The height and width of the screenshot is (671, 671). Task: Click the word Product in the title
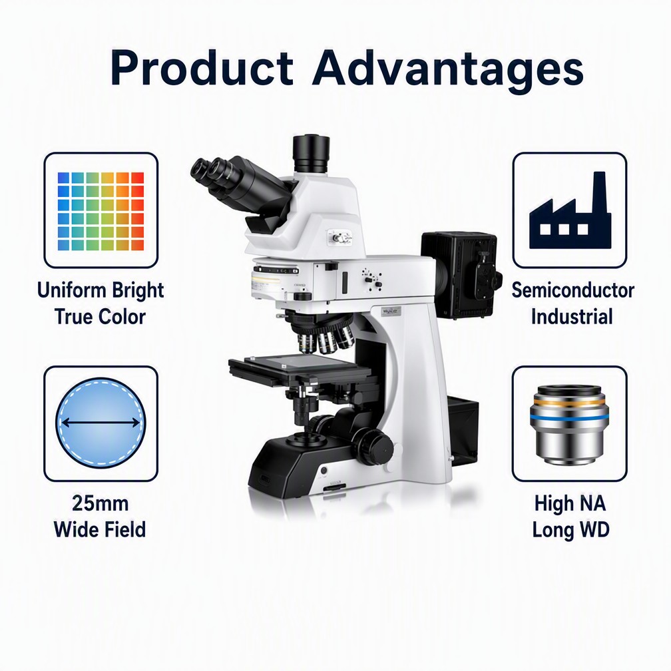click(x=202, y=69)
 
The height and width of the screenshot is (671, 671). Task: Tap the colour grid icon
click(x=101, y=211)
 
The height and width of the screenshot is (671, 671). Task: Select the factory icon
click(x=570, y=210)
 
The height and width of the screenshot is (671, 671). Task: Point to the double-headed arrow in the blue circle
click(x=101, y=423)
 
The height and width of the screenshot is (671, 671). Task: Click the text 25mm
click(x=100, y=503)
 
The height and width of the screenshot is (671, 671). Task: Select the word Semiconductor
click(x=572, y=290)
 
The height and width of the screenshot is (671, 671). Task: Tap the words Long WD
click(x=570, y=530)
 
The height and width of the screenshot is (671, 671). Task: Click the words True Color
click(x=100, y=317)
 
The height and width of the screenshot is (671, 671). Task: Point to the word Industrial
click(x=572, y=317)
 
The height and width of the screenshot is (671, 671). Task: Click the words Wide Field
click(x=100, y=529)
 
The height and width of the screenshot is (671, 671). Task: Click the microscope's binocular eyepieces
click(x=240, y=184)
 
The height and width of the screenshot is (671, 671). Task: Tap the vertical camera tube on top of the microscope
click(x=311, y=154)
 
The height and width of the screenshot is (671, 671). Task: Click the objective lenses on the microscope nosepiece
click(x=326, y=340)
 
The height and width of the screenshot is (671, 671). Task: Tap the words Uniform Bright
click(x=101, y=290)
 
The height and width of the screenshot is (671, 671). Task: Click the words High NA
click(x=570, y=503)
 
